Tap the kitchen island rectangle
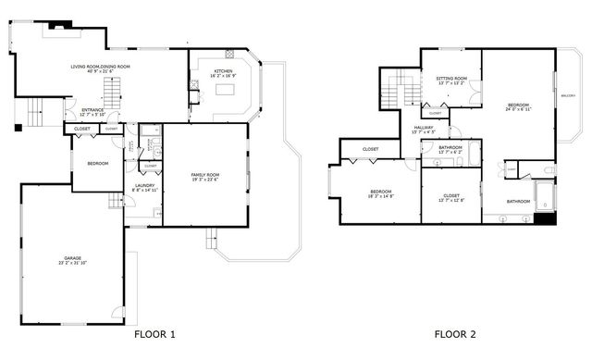(227, 91)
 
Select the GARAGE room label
(72, 258)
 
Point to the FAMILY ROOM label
(204, 175)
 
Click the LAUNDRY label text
(143, 184)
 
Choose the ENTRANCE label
(92, 110)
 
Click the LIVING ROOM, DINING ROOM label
(101, 66)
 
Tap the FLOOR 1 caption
(154, 334)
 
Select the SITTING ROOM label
(451, 78)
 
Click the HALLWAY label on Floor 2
(424, 127)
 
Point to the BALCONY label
(568, 95)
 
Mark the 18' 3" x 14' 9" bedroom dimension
(381, 196)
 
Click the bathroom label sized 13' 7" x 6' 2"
(450, 152)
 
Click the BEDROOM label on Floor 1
(97, 164)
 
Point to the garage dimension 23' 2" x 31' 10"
(72, 264)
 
